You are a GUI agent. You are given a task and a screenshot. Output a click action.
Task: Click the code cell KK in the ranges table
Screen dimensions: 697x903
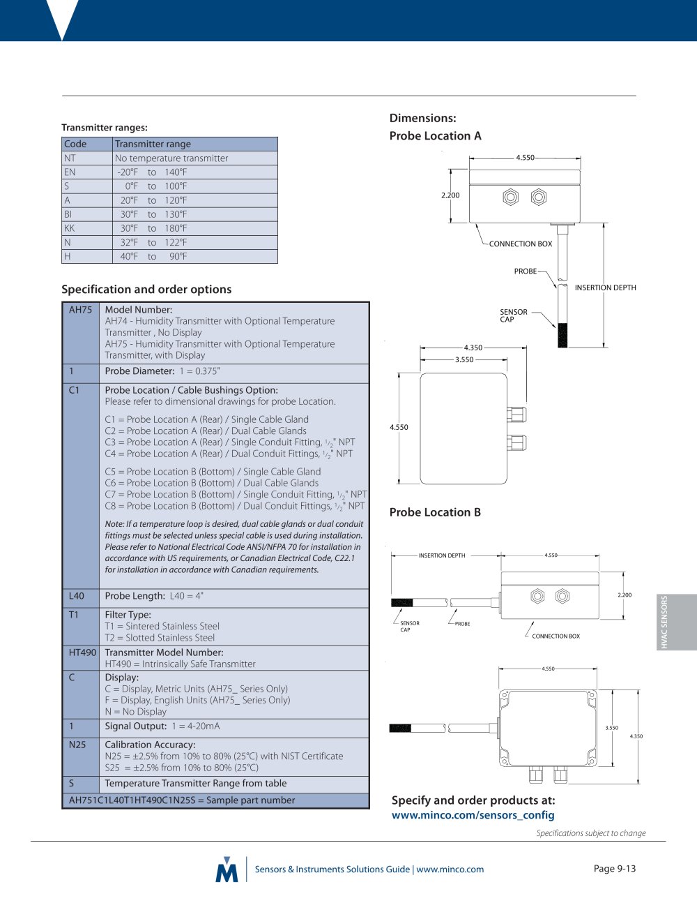point(87,228)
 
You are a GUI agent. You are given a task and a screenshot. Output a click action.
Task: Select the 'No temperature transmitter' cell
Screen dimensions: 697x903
point(195,158)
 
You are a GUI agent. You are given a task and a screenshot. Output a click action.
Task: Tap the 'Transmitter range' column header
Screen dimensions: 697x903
point(195,144)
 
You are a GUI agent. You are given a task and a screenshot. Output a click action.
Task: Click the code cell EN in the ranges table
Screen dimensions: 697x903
point(87,172)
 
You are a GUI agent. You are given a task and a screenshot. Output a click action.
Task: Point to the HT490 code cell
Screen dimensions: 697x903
point(82,657)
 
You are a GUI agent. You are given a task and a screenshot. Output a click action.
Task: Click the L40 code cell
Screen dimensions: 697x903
point(82,598)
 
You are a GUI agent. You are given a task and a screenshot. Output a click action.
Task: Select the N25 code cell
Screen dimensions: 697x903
point(82,756)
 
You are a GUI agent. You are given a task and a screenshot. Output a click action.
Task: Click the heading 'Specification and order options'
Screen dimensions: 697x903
point(146,289)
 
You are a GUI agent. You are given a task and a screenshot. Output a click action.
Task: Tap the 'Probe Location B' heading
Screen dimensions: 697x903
point(435,512)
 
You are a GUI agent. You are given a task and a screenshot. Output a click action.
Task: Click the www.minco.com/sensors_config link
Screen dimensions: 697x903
point(473,815)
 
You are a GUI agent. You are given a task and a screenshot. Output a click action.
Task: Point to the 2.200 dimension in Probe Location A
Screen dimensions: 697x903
point(450,195)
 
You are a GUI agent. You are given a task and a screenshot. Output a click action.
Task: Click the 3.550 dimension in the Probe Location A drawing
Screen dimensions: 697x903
point(464,360)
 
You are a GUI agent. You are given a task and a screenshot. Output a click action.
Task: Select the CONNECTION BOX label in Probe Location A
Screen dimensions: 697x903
point(521,244)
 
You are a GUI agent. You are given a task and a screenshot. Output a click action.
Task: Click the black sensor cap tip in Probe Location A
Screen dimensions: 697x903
point(562,335)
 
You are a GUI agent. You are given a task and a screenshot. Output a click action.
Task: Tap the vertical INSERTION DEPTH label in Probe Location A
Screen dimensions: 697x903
point(605,288)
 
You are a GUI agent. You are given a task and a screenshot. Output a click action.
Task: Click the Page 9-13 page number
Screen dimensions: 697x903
point(615,868)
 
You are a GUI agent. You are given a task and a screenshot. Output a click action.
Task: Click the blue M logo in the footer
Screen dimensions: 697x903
point(227,869)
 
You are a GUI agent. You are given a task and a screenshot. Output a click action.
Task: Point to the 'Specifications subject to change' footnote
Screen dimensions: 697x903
point(591,833)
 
